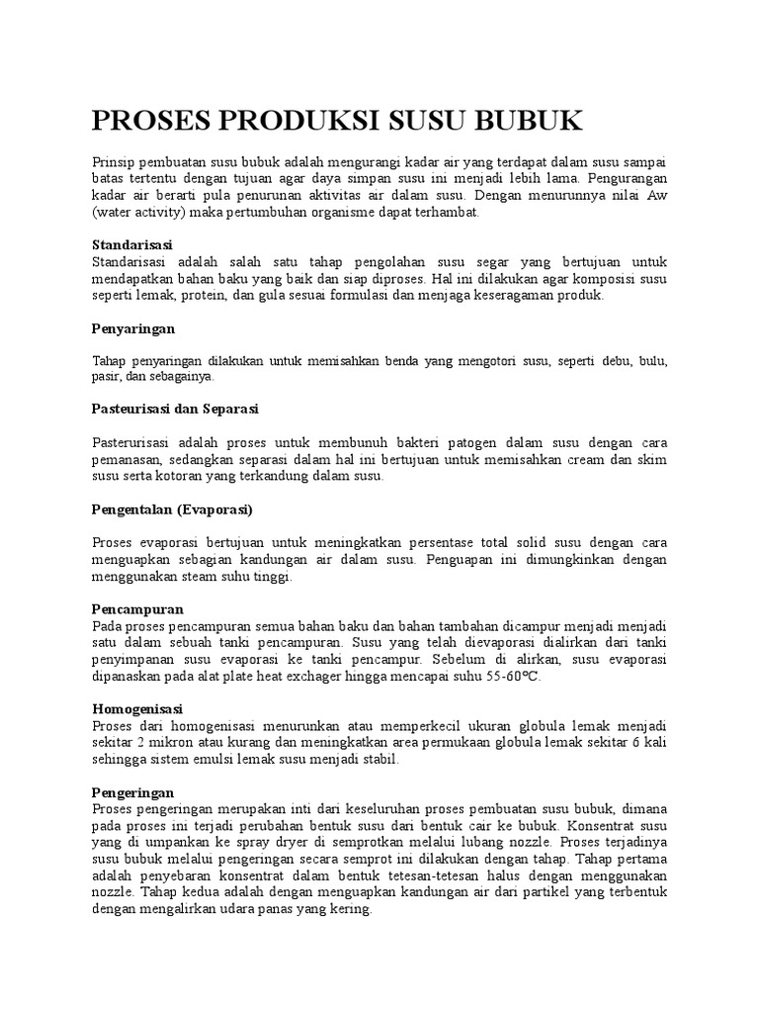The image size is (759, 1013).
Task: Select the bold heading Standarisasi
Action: [132, 243]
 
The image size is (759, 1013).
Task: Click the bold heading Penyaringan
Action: [133, 327]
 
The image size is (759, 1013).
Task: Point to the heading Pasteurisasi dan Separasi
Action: [175, 408]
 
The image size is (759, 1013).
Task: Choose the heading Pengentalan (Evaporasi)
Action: [173, 509]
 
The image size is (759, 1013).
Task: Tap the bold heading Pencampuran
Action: [137, 608]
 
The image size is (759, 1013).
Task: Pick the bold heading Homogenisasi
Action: [139, 709]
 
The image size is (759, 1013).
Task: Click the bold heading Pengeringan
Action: [133, 792]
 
